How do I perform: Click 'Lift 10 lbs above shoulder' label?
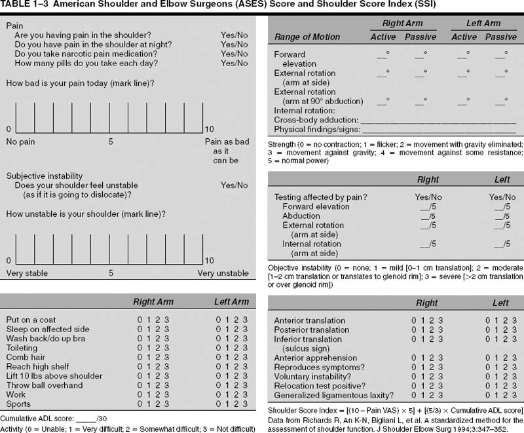point(54,376)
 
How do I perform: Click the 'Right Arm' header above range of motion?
point(402,24)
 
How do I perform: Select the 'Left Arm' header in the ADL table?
point(231,302)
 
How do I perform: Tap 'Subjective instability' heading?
point(45,176)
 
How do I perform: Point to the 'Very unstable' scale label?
point(223,273)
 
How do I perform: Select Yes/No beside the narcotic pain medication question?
point(234,54)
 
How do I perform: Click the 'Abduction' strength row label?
point(301,216)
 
